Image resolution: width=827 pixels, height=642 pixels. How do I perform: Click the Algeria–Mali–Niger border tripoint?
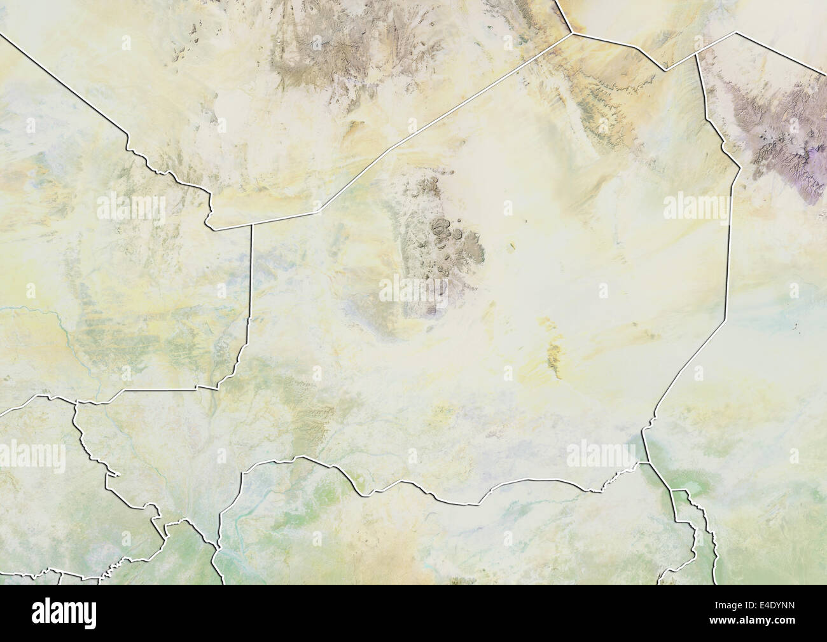[x=251, y=223]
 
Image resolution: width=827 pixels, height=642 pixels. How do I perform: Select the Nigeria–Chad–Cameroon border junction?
[x=672, y=491]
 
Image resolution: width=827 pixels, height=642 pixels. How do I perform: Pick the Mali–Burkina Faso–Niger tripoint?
[x=197, y=386]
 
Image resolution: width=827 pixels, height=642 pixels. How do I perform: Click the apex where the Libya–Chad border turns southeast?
[x=736, y=32]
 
